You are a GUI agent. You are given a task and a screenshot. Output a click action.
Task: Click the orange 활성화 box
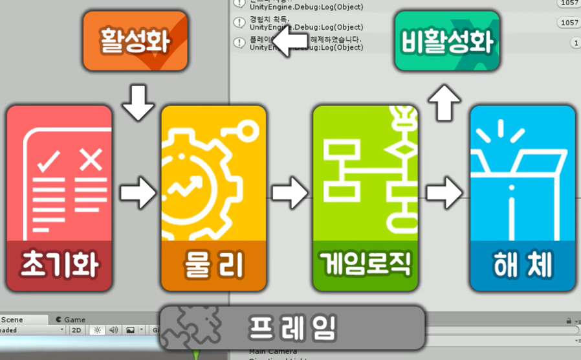point(135,41)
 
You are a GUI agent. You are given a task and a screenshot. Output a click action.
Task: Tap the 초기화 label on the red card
point(59,264)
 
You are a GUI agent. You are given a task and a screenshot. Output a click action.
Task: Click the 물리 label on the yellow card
point(213,264)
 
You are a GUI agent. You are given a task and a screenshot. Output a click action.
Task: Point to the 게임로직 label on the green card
point(366,264)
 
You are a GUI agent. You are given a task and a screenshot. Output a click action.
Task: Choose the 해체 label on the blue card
point(522,264)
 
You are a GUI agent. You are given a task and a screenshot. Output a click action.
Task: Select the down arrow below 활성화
point(138,102)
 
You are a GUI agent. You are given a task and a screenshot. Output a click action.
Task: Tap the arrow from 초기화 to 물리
point(138,192)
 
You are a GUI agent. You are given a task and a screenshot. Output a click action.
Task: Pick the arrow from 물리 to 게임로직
point(289,192)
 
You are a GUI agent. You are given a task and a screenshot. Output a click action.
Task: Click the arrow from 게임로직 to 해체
point(444,192)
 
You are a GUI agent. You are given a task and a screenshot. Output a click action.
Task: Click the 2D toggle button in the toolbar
point(76,330)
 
